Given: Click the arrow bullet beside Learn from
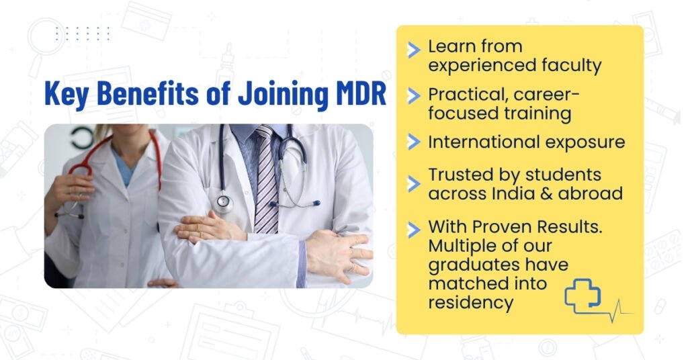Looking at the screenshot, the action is click(414, 50).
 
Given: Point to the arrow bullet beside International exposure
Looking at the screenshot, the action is click(414, 142).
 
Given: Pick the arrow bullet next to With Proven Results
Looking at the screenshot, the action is click(414, 230).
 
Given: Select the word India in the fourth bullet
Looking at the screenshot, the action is click(514, 193).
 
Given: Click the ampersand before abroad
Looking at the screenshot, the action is click(547, 194).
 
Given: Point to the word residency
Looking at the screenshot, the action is click(471, 303).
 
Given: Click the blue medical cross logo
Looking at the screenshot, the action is click(583, 296).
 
